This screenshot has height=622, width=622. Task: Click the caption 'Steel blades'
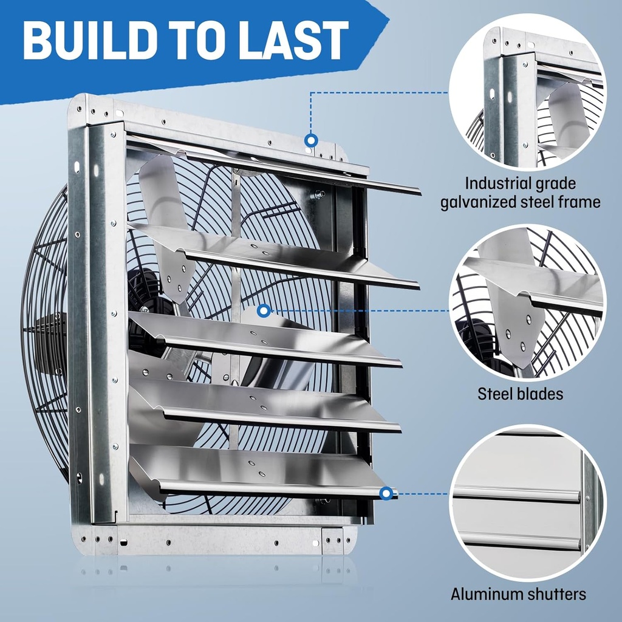[x=520, y=394]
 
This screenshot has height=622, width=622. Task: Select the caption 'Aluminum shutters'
[x=518, y=593]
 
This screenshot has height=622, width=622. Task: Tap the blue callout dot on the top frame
[x=311, y=141]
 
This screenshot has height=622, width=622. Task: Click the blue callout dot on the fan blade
[x=264, y=311]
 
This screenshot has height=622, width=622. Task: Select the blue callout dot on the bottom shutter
[x=386, y=493]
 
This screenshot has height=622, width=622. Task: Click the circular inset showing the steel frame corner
[x=527, y=91]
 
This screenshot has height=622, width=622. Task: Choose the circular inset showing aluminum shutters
[x=527, y=503]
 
